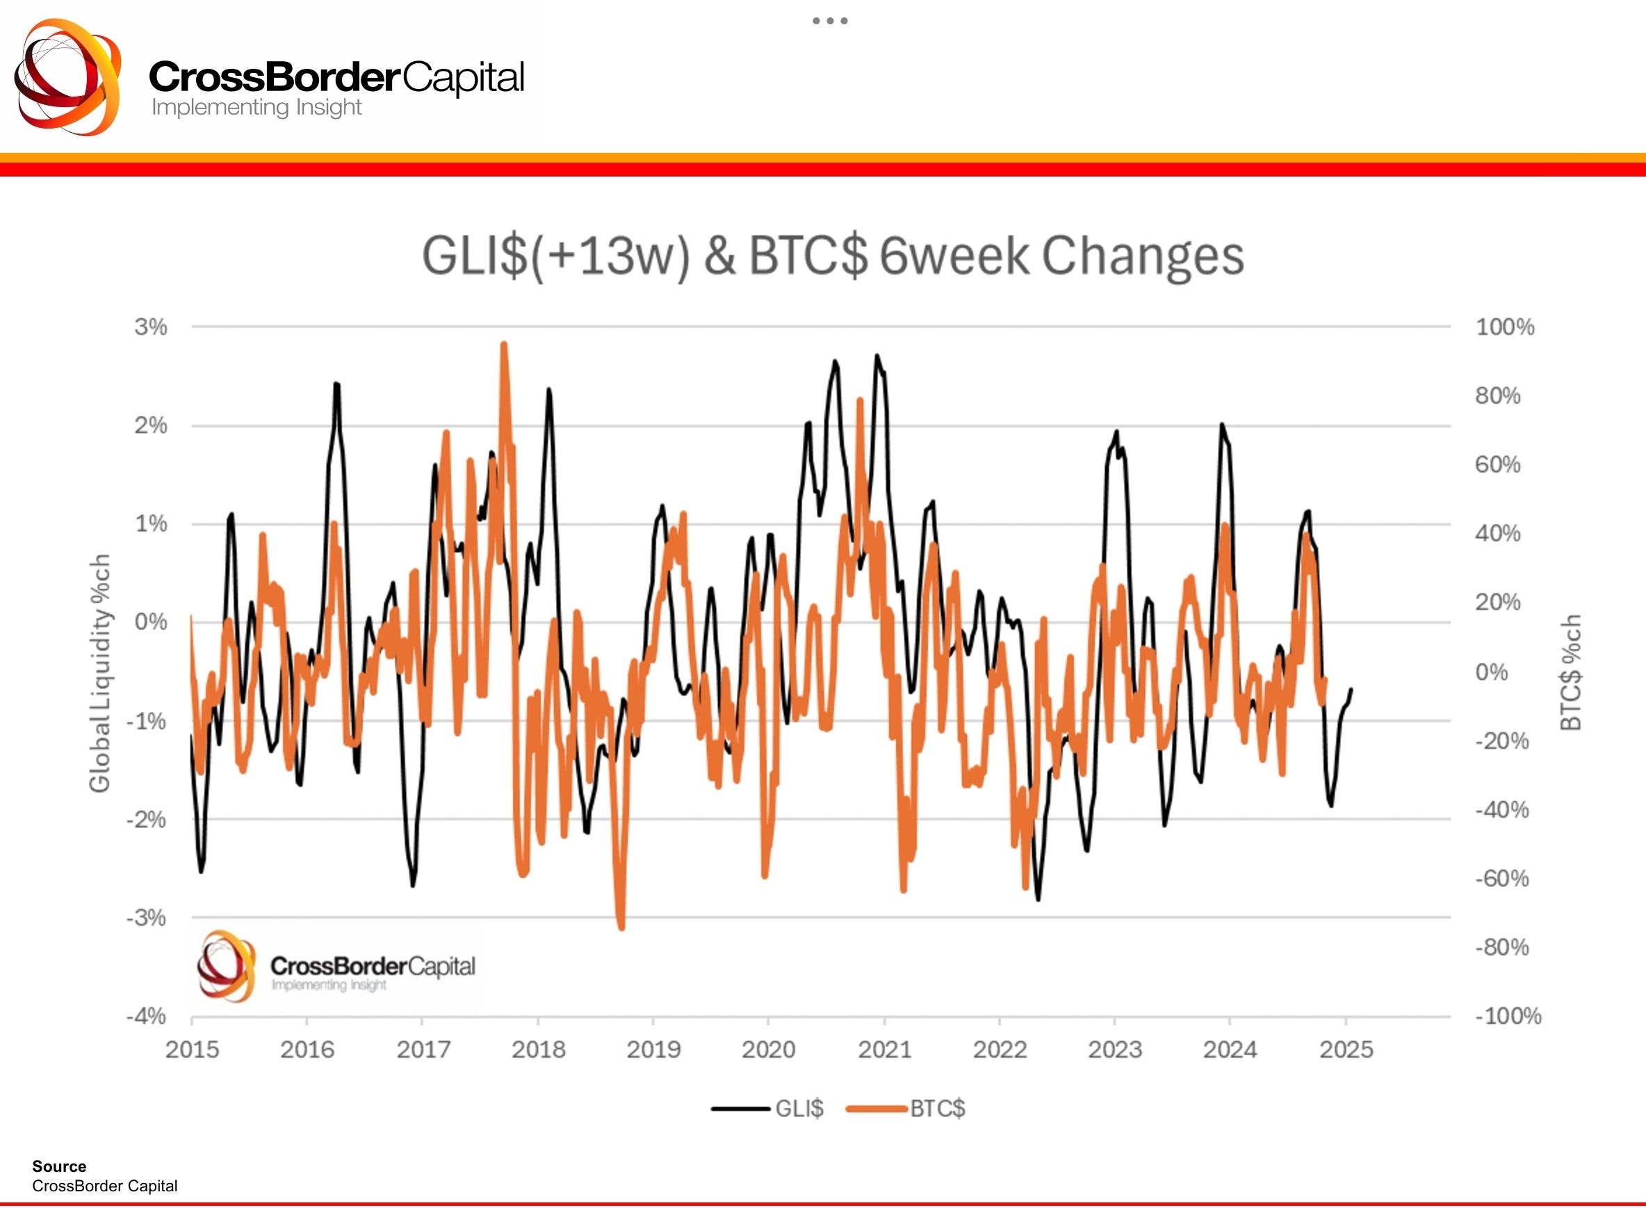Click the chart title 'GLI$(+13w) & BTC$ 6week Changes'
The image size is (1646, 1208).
[832, 256]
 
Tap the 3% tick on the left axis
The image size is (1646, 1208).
[151, 327]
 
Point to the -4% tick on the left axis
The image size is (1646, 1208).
[146, 1015]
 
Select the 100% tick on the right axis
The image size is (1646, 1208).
[1505, 327]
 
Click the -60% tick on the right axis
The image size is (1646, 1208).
[1502, 879]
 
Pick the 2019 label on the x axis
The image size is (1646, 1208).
[653, 1050]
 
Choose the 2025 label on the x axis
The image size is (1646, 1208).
[1346, 1050]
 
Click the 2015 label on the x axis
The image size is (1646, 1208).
[193, 1050]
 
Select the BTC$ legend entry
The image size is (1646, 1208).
[906, 1109]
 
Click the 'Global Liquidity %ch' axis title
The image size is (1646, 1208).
[99, 673]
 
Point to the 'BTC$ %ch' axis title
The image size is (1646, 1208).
[1571, 673]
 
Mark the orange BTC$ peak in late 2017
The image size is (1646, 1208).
[504, 345]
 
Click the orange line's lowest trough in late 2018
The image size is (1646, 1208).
[621, 928]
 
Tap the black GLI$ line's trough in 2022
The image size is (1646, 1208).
[1038, 899]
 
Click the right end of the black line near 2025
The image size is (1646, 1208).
[1351, 689]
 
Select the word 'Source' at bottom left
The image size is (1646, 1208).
[59, 1166]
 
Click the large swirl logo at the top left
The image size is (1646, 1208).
[68, 76]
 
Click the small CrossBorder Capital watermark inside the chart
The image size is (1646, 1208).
[336, 968]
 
